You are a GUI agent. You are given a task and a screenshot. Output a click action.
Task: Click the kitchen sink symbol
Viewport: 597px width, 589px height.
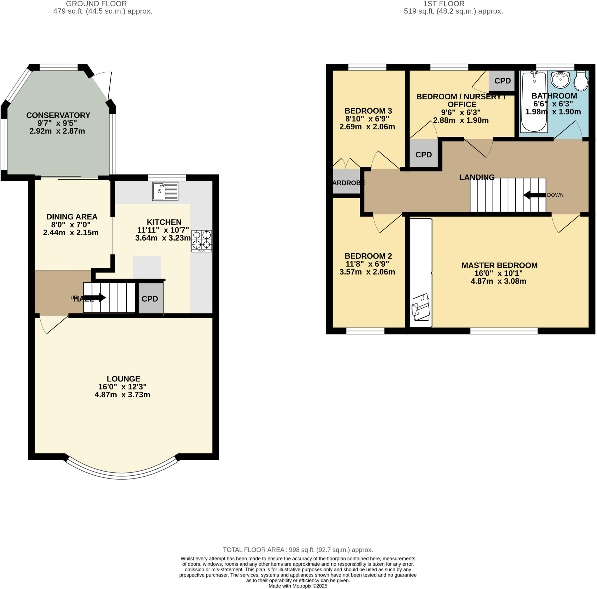pyautogui.click(x=165, y=191)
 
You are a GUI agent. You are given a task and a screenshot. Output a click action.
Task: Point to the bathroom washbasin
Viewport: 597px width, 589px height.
pyautogui.click(x=560, y=80)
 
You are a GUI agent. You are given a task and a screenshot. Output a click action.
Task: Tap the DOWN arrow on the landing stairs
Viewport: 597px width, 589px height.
pyautogui.click(x=534, y=195)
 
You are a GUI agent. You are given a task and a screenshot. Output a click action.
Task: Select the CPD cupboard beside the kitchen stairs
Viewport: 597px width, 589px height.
pyautogui.click(x=150, y=299)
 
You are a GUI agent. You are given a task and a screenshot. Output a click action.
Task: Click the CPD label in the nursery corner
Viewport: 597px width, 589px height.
pyautogui.click(x=502, y=81)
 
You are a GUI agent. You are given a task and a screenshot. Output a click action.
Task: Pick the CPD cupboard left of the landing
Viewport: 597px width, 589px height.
pyautogui.click(x=423, y=155)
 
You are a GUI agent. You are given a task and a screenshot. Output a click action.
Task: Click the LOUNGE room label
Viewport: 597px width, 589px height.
pyautogui.click(x=123, y=379)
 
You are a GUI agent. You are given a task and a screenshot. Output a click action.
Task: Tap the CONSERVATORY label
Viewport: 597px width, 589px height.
pyautogui.click(x=58, y=115)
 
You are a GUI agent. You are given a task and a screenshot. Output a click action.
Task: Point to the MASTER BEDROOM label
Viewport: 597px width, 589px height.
pyautogui.click(x=499, y=265)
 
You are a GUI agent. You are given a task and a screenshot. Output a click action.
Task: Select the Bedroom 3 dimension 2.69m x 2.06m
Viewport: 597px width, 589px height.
pyautogui.click(x=367, y=127)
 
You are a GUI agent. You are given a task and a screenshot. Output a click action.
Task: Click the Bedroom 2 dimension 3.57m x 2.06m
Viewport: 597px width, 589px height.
pyautogui.click(x=367, y=272)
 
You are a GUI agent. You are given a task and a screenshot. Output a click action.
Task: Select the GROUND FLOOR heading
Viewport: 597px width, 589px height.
pyautogui.click(x=96, y=4)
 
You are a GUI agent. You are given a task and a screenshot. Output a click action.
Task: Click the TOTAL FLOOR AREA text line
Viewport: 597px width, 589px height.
pyautogui.click(x=298, y=550)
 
